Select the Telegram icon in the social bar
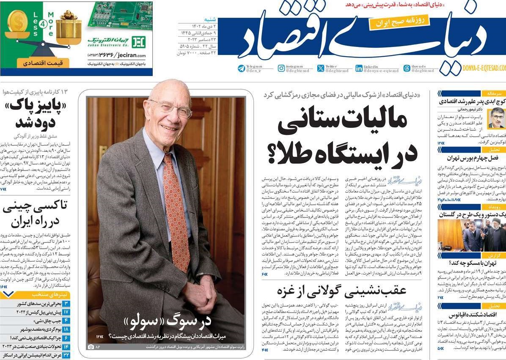point(242,68)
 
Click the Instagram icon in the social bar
point(281,68)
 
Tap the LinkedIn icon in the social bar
point(359,68)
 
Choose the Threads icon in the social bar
point(407,68)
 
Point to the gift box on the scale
point(69,28)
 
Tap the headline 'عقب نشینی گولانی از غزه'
point(341,291)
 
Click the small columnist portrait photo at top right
point(496,118)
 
